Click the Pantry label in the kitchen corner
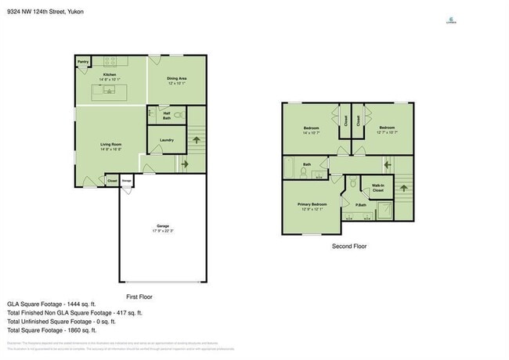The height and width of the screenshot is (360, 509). [x=83, y=61]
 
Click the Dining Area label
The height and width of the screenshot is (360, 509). [x=177, y=78]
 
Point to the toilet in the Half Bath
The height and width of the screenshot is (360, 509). [x=179, y=115]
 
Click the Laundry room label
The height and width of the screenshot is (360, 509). [x=166, y=140]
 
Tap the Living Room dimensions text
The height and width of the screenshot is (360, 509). [x=110, y=149]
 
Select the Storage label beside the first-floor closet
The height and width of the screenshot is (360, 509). [x=126, y=182]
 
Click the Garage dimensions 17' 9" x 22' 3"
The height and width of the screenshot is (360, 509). [x=163, y=232]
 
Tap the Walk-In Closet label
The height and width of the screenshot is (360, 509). [x=377, y=189]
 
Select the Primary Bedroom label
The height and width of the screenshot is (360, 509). [x=312, y=204]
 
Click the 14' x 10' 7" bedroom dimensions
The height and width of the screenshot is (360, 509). [x=312, y=132]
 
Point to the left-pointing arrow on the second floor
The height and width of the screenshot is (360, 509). [x=386, y=165]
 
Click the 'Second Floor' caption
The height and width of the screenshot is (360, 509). [x=348, y=246]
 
